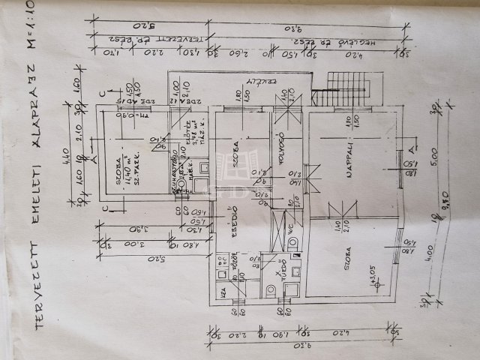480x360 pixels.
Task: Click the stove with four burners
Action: point(223,263)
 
